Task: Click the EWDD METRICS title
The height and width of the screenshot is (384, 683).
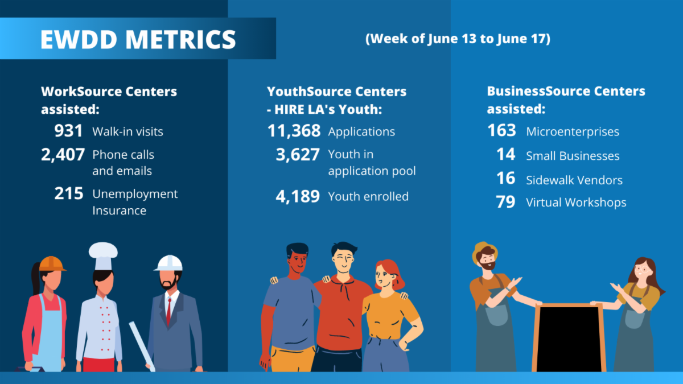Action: [138, 39]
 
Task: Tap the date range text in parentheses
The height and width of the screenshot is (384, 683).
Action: [458, 39]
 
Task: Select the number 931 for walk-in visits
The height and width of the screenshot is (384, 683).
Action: [69, 131]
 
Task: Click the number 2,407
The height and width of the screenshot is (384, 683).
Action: [63, 154]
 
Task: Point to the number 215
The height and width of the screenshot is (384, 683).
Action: [69, 194]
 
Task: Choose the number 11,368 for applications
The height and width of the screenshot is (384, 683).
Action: [294, 131]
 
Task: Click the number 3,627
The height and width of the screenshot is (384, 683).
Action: [298, 154]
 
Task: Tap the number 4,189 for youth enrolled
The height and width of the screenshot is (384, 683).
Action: [298, 197]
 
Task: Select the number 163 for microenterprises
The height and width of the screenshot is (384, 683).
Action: [501, 131]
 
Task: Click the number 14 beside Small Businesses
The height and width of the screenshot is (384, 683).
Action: [505, 155]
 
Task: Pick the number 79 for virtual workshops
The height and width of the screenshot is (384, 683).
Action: [505, 202]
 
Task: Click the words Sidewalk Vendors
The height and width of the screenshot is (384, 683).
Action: [574, 180]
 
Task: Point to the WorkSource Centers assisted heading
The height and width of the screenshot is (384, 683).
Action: [109, 100]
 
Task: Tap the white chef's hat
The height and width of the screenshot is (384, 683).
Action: [103, 254]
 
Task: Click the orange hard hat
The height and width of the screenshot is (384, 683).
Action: [51, 263]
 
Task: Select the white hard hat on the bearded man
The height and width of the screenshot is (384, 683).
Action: [169, 263]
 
